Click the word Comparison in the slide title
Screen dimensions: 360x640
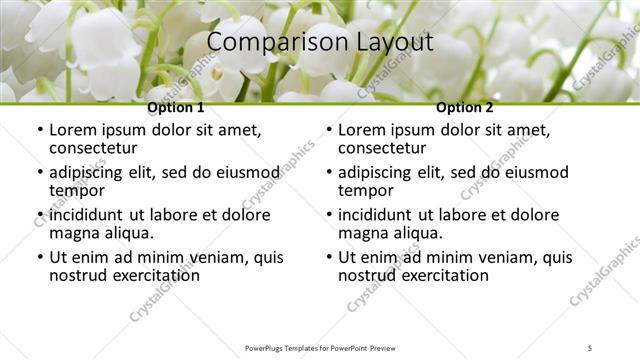(x=264, y=43)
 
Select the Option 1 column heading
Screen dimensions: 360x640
(x=175, y=107)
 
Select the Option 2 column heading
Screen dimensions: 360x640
(x=464, y=107)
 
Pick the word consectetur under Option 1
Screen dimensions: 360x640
(x=96, y=149)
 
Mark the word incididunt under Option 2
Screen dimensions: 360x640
(x=378, y=215)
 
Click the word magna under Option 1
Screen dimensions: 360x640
(x=73, y=233)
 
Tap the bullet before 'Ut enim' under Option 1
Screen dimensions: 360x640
(x=39, y=257)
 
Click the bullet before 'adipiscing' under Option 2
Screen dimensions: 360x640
(x=328, y=172)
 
